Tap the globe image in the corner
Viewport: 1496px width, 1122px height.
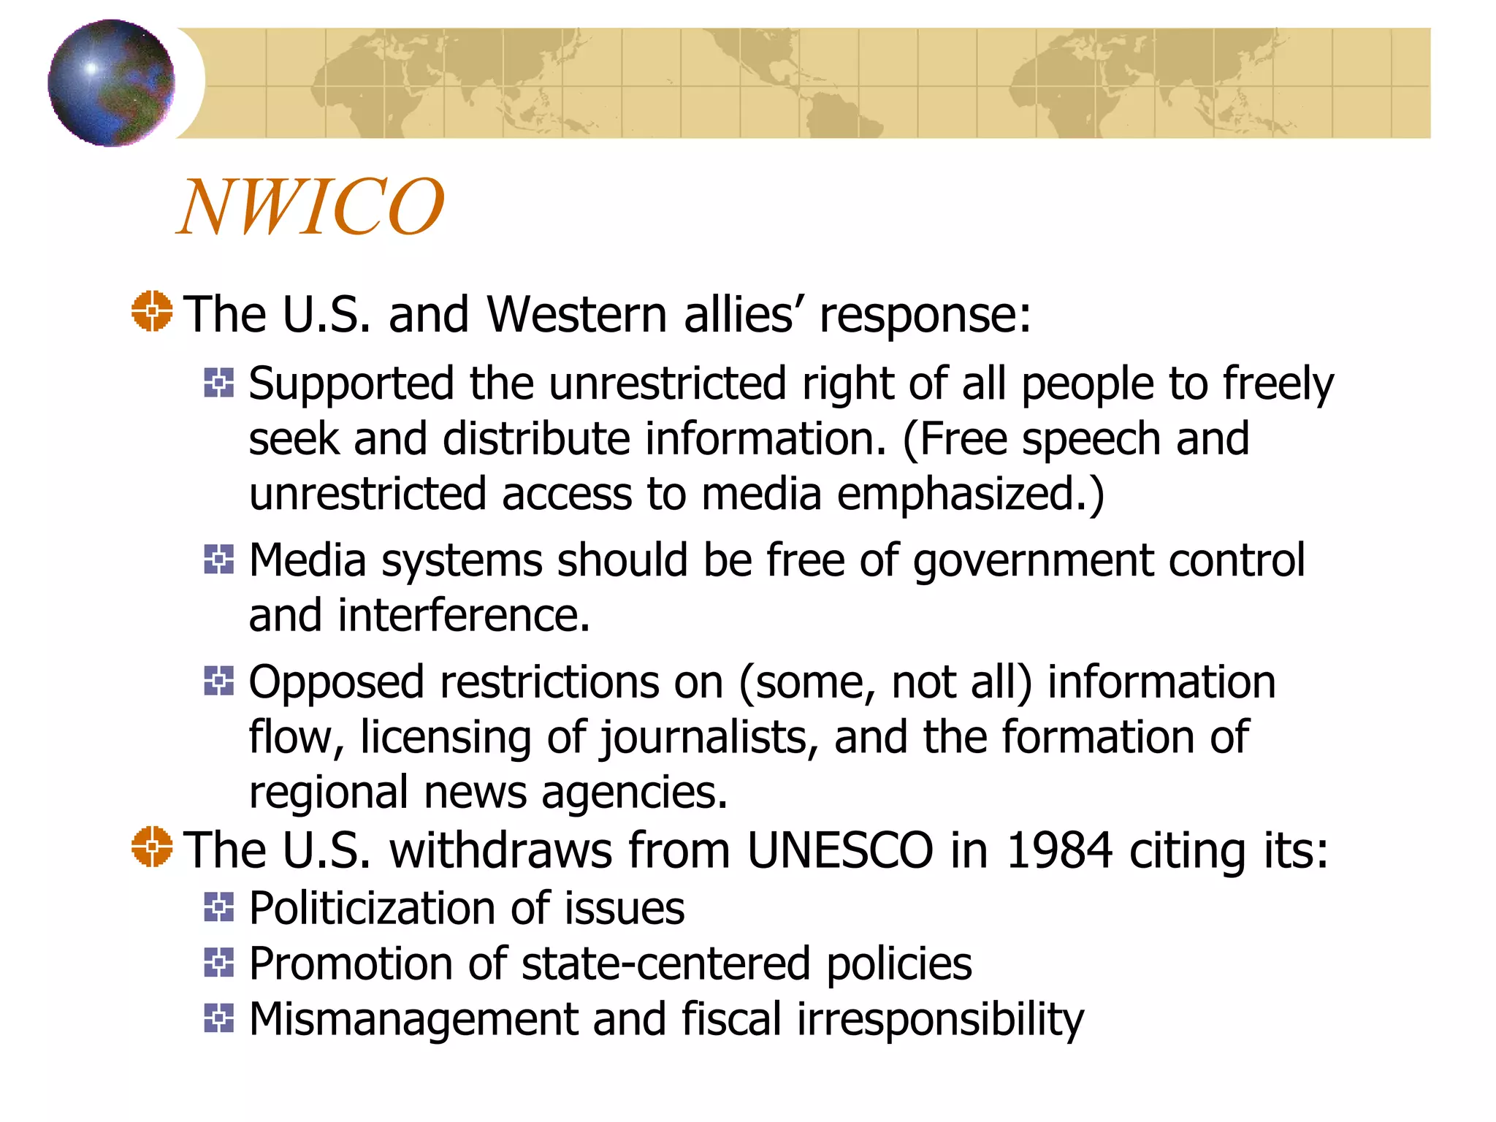click(111, 83)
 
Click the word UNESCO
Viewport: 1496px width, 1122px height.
click(840, 850)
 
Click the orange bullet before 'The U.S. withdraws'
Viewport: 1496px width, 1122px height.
click(152, 847)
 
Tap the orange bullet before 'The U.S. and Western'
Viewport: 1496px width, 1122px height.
click(152, 311)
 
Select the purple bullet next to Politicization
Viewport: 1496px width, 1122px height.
click(218, 907)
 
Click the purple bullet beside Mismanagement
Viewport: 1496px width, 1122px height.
click(218, 1018)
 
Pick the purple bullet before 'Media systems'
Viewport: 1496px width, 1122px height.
click(218, 560)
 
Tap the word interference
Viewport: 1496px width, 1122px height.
click(463, 616)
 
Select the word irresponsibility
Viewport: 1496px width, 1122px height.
click(940, 1020)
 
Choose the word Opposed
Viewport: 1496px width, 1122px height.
click(337, 683)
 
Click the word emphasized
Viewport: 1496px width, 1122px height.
click(970, 495)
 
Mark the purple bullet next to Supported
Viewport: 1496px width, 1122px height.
click(218, 383)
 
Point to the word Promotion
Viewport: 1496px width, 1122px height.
click(377, 963)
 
